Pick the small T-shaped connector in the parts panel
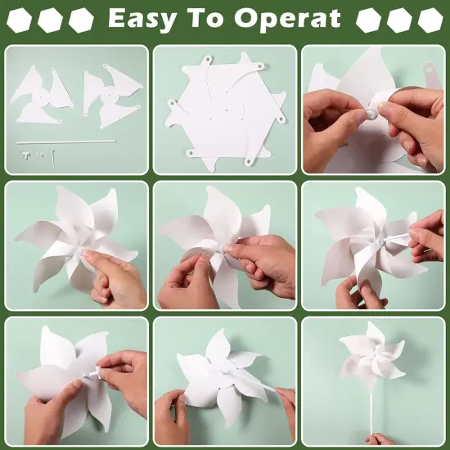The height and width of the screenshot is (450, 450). coord(26,153)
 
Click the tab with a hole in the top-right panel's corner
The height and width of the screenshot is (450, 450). coord(428,74)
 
